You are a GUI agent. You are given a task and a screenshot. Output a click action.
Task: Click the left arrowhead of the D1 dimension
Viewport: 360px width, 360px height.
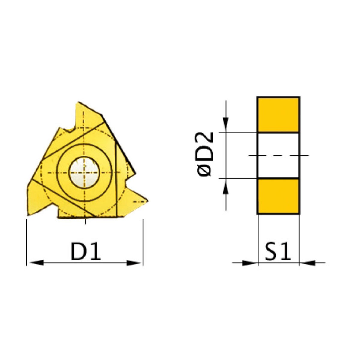pyautogui.click(x=37, y=263)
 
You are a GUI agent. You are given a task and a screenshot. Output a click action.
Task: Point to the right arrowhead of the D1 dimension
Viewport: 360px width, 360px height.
pyautogui.click(x=133, y=263)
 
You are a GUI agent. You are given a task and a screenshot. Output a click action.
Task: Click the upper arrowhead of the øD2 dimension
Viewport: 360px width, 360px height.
pyautogui.click(x=226, y=123)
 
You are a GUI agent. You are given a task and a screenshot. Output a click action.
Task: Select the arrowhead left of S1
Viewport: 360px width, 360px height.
pyautogui.click(x=249, y=263)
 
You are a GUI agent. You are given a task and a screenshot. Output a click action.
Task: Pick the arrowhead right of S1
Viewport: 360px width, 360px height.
pyautogui.click(x=308, y=263)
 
